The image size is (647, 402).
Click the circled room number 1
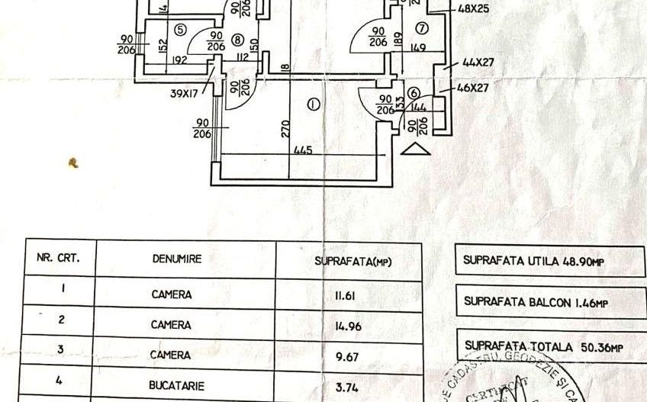(313, 105)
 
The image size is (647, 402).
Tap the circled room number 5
(179, 30)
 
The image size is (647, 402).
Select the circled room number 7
(421, 29)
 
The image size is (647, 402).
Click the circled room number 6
(414, 93)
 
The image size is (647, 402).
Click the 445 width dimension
(304, 151)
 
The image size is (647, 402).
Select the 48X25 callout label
(475, 11)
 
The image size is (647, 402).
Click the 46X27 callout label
(472, 88)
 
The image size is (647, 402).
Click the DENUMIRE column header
(176, 259)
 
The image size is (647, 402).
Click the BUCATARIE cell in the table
(171, 386)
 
